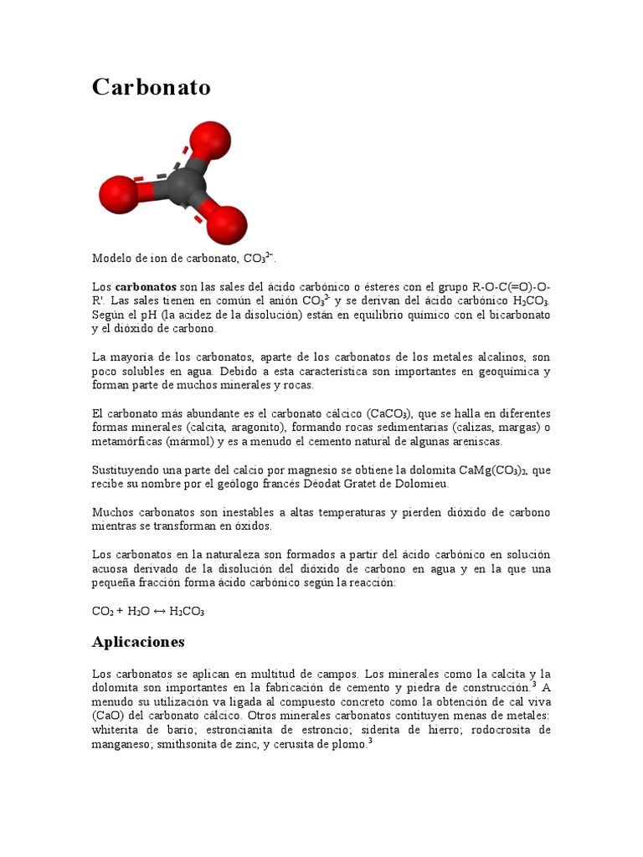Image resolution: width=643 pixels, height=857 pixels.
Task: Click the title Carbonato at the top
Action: point(151,87)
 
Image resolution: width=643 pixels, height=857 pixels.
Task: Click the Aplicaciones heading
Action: point(137,642)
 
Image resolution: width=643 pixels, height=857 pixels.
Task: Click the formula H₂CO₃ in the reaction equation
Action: point(187,611)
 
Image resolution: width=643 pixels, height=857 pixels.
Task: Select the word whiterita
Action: point(116,730)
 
